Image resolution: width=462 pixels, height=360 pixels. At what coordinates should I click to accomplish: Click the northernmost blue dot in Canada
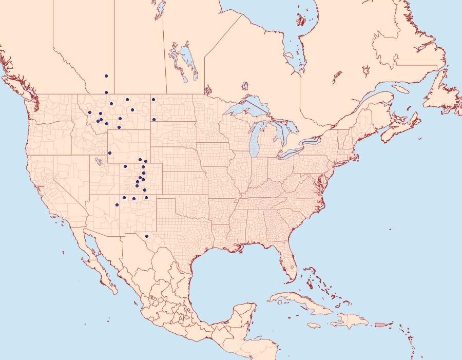[106, 76]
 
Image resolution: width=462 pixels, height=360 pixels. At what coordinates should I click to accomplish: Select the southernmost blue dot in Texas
[147, 236]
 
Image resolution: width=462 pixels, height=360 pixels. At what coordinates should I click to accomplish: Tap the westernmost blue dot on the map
[89, 112]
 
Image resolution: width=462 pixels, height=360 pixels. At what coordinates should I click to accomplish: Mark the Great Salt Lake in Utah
[97, 162]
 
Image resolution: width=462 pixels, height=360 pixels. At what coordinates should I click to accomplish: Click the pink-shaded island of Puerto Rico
[380, 324]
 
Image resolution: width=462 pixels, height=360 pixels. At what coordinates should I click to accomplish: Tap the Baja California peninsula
[98, 267]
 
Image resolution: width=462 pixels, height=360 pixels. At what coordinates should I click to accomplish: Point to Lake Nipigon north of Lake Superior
[245, 86]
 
